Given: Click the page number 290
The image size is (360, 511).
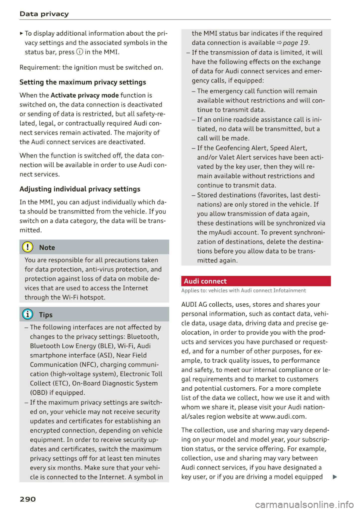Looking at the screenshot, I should (28, 499).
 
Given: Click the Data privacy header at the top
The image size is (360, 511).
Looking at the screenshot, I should (44, 14).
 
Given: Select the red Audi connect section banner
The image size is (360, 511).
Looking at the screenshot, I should (256, 281).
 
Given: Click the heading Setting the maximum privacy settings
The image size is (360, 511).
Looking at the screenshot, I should (83, 82).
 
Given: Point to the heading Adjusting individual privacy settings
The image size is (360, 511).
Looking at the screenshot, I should (80, 189).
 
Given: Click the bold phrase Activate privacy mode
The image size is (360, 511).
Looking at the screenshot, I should (85, 95).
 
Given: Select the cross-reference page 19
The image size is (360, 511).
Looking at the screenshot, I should (295, 43).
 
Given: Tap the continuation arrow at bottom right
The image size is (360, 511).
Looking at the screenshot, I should (334, 477).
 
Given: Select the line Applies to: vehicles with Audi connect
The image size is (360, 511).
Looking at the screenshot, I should (243, 291).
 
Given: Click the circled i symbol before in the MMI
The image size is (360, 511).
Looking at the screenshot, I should (79, 52).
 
